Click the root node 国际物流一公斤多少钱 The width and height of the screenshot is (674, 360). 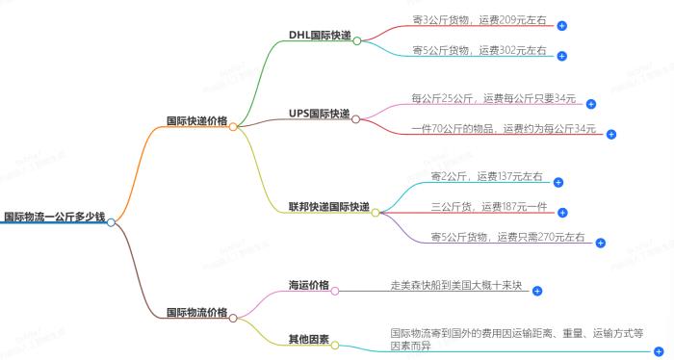click(x=53, y=218)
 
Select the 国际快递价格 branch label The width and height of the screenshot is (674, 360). click(x=196, y=121)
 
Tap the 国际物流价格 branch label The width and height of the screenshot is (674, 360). click(x=196, y=313)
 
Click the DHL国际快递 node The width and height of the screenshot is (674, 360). click(x=320, y=36)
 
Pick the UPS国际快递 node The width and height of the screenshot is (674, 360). click(x=320, y=114)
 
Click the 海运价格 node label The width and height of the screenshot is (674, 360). click(x=309, y=285)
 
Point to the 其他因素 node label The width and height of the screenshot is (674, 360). click(x=309, y=339)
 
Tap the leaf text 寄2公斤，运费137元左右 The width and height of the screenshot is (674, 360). click(x=487, y=176)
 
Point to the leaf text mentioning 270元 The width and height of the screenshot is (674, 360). click(x=508, y=237)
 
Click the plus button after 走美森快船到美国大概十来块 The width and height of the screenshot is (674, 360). click(x=538, y=291)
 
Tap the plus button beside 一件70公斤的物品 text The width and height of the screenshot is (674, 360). click(x=610, y=135)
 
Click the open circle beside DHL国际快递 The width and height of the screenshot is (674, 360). click(x=357, y=41)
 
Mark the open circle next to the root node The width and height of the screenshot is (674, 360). click(x=112, y=222)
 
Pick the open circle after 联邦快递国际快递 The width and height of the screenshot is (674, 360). click(x=376, y=212)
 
